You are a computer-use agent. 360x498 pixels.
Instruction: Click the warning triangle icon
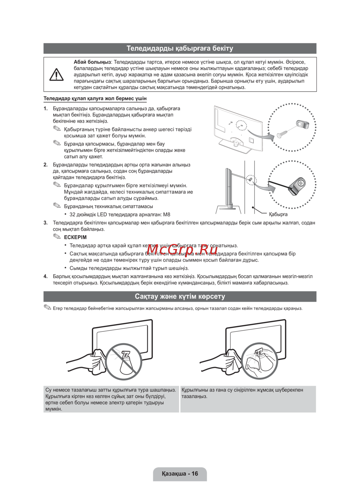pos(57,74)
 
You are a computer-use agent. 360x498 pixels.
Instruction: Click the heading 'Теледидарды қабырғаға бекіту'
pos(180,48)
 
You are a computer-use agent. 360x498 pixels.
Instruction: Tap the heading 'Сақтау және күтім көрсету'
pos(180,296)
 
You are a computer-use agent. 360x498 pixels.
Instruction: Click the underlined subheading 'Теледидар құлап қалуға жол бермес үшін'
pos(95,98)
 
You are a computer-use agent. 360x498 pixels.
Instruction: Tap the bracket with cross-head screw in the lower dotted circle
pos(297,185)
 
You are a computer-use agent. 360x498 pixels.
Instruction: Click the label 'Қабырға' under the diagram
pos(278,214)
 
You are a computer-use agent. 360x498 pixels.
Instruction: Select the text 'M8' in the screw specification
pos(166,214)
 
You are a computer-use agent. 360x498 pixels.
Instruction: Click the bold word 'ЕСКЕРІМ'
pos(75,237)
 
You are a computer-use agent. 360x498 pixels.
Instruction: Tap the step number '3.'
pos(46,223)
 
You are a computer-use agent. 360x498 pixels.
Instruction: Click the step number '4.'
pos(46,276)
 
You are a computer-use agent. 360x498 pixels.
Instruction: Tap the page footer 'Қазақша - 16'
pos(180,474)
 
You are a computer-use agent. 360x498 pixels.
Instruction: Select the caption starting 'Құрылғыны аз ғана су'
pos(242,393)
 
